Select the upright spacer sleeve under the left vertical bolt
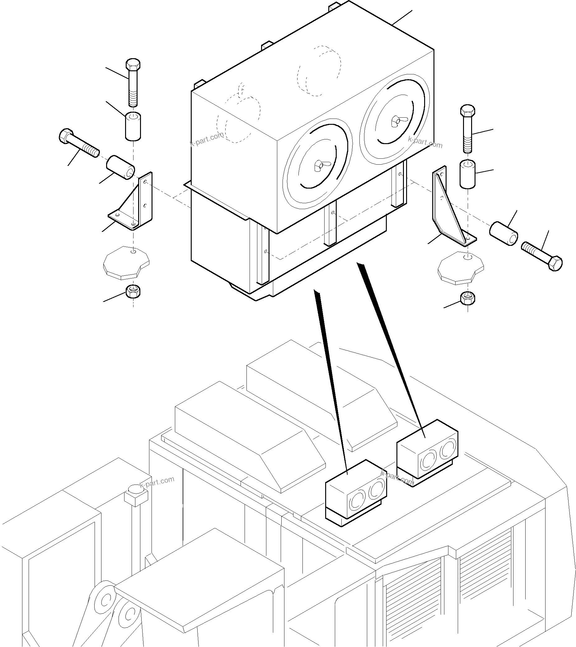(x=133, y=126)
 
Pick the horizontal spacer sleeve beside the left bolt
(x=120, y=167)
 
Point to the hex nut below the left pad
(x=133, y=291)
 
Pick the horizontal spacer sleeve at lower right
(x=503, y=234)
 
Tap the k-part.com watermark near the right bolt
(x=425, y=142)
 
